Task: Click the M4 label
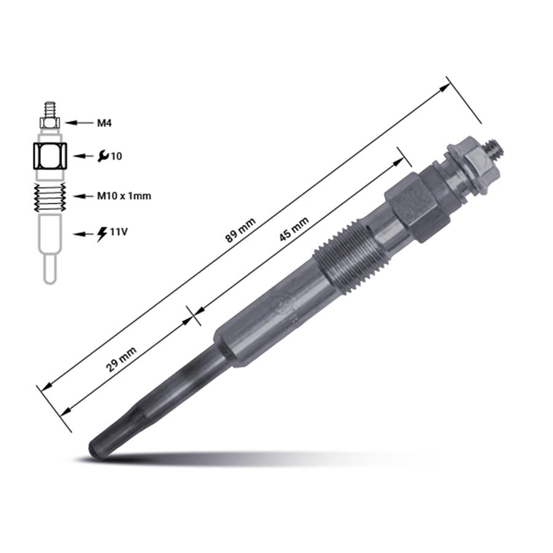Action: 104,123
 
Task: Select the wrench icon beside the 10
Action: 103,157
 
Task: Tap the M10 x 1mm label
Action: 124,196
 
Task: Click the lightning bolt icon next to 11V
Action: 103,233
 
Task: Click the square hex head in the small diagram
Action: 50,157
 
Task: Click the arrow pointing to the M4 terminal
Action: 79,123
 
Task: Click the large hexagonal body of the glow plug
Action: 413,206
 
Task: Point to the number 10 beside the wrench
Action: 117,157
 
